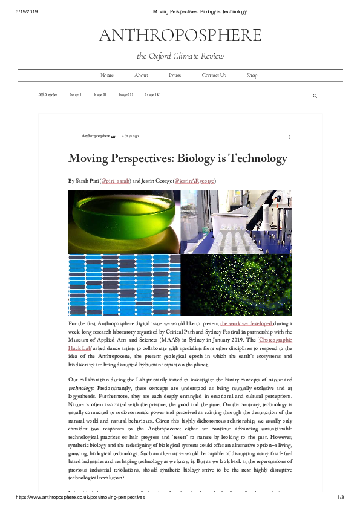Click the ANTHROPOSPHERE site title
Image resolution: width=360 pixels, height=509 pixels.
[x=180, y=36]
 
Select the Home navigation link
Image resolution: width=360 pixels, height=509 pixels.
[x=107, y=76]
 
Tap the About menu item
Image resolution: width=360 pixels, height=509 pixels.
[x=141, y=76]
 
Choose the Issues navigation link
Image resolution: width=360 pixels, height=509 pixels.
[x=175, y=76]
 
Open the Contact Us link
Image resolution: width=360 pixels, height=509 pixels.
[x=214, y=76]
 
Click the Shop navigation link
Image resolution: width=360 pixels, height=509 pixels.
[x=252, y=76]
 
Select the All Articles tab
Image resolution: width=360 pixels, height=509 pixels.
[x=48, y=95]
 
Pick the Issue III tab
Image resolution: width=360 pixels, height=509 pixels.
[x=126, y=95]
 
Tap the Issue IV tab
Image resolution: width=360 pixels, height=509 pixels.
[x=152, y=95]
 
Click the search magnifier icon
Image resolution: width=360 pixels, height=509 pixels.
[x=315, y=96]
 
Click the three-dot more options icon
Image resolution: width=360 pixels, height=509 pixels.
[x=290, y=137]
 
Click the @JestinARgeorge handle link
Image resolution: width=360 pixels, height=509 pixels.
[x=195, y=181]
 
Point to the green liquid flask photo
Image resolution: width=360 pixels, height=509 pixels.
[x=124, y=221]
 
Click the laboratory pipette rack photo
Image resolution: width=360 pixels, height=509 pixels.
[x=237, y=221]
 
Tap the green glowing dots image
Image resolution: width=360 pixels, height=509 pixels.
[x=237, y=285]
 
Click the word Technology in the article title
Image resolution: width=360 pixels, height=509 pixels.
[x=257, y=158]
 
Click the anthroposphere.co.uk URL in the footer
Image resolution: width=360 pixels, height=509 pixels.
[x=80, y=497]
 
